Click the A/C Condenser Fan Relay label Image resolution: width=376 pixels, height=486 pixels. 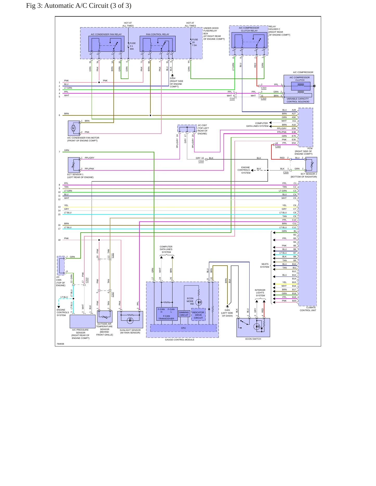106,34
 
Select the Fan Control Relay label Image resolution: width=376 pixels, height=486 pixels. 157,34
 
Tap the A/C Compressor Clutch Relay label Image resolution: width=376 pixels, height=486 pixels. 249,29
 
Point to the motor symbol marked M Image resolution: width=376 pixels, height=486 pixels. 73,128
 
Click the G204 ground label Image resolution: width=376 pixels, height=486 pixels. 173,78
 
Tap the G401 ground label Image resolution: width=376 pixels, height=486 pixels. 227,310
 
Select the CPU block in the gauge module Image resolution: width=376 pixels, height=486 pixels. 183,328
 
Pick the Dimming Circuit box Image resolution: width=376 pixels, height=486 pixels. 184,314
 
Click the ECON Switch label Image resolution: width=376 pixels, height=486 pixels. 253,339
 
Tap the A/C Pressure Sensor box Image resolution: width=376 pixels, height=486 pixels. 82,321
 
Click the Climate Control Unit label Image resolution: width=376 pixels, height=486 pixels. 308,309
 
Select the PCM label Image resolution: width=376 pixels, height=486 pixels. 310,148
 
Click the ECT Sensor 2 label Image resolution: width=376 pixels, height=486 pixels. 309,174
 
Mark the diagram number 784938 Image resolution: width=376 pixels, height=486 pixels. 60,344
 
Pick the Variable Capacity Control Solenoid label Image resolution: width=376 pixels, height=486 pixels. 298,100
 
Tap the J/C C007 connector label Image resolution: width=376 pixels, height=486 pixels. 202,125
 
